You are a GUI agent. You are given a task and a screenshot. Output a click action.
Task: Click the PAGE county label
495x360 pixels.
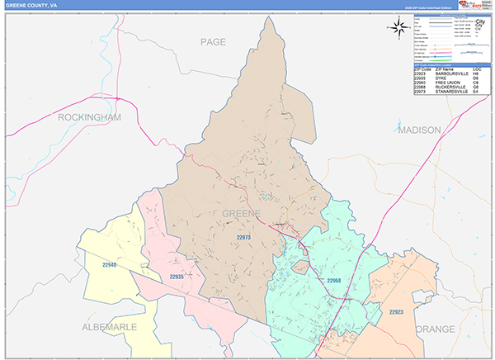click(213, 40)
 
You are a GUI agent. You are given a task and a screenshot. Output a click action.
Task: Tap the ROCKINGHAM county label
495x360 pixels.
click(89, 117)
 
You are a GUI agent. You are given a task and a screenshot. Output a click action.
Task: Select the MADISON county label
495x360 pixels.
click(419, 130)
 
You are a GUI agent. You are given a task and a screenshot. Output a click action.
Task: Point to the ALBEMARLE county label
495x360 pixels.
click(110, 328)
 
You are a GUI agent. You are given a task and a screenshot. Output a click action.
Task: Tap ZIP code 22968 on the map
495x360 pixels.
click(334, 282)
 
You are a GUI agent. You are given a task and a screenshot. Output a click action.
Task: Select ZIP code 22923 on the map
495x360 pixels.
click(398, 311)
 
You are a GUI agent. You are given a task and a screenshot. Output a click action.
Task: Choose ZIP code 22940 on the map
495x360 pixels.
click(111, 265)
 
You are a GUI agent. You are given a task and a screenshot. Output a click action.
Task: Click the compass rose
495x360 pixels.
click(398, 27)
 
